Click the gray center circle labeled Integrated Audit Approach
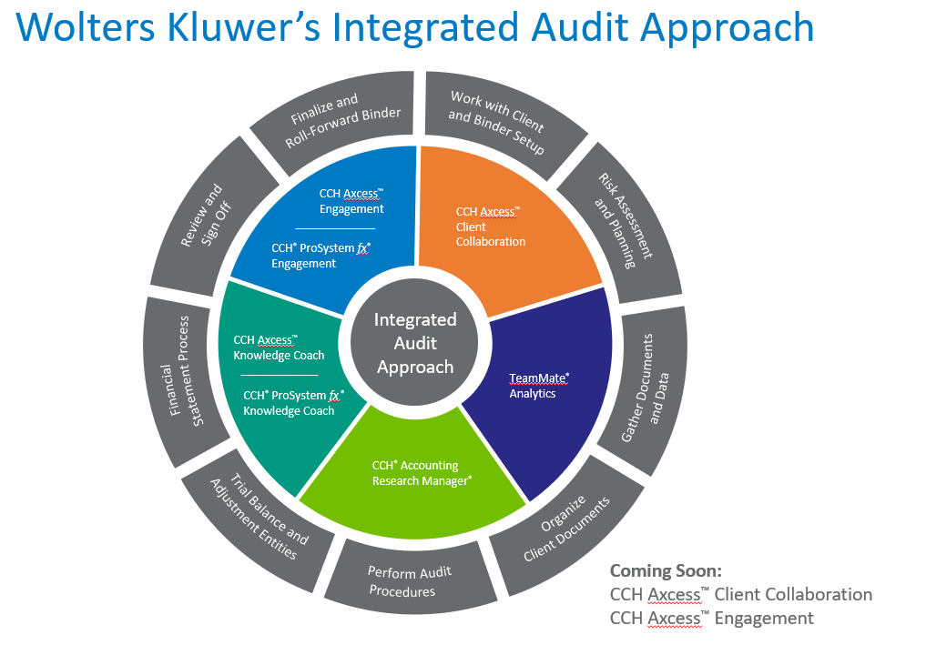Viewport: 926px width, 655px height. (415, 343)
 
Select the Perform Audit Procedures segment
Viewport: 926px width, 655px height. (410, 581)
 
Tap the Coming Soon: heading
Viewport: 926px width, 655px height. (666, 570)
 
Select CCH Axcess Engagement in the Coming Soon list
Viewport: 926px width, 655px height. (711, 619)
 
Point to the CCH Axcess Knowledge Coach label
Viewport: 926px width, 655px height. (279, 348)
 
